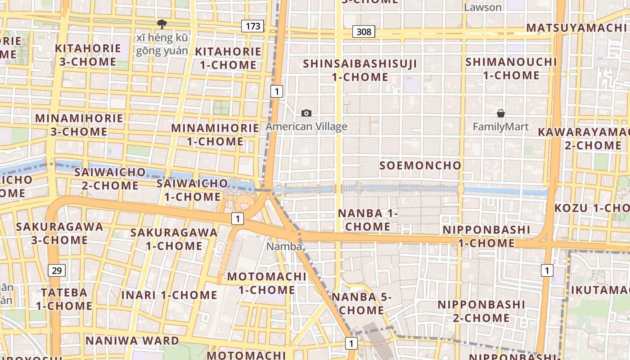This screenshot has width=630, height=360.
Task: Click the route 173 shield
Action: coord(252,26)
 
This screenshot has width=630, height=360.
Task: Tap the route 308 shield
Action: coord(364,31)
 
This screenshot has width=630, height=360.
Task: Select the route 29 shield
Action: coord(57,270)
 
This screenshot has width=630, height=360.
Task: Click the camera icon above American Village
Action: coord(306,113)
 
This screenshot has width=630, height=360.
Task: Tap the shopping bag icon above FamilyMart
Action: coord(500,113)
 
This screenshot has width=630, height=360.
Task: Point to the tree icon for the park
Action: coord(162,24)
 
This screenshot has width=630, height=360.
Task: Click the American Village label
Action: coord(306,126)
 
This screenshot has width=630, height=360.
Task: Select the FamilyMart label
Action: coord(500,127)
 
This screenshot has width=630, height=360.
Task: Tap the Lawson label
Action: coord(482,7)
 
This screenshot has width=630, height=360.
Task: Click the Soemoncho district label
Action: coord(420,166)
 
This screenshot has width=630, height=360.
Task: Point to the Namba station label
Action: coord(283,246)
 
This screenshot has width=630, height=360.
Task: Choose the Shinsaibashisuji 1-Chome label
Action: coord(360,70)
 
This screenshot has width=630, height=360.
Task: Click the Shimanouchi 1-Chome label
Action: coord(511,68)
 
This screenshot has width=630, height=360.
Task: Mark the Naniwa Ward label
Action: coord(132,341)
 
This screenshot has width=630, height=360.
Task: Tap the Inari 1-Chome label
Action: coord(169,296)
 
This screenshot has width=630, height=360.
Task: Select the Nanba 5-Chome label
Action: coord(361,304)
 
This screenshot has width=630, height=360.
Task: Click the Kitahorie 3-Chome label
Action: coord(88,55)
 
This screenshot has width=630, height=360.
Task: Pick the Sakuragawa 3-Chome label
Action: coord(59,233)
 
